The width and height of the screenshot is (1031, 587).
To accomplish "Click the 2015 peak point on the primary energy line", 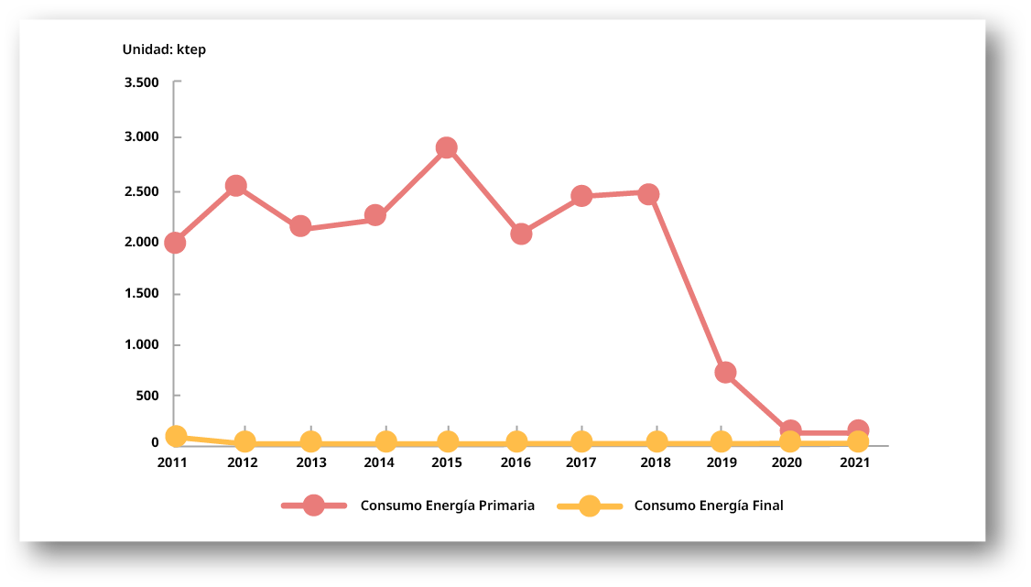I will point(447,147).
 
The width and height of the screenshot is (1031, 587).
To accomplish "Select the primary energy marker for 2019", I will point(725,372).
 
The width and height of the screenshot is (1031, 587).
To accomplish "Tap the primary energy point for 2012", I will point(235,186).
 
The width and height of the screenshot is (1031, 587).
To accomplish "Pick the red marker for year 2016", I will point(521,234).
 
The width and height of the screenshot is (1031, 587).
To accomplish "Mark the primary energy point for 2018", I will point(648,194).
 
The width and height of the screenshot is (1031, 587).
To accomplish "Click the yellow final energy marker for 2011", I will point(176,436).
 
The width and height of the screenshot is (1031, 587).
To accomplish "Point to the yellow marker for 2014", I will point(386,442).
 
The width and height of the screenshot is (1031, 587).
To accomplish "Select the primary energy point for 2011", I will point(175,243).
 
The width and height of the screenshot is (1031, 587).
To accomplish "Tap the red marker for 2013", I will point(300,226).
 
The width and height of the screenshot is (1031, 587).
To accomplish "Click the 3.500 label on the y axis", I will point(141,82).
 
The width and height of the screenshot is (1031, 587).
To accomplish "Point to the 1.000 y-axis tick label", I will point(141,345).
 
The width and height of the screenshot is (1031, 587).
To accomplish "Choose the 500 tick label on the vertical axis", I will point(147,396).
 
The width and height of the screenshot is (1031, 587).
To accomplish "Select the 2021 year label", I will point(854,462).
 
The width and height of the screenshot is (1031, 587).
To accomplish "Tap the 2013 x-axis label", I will point(310,462).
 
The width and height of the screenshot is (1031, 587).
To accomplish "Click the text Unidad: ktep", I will point(165,49).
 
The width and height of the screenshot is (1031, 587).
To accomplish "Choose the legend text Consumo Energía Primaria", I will point(447,505).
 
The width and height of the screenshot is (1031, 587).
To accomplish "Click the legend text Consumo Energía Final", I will point(709,505).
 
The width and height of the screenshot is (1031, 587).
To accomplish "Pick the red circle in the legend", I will point(314,505).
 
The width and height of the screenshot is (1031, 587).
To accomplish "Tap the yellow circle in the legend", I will point(590,505).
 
